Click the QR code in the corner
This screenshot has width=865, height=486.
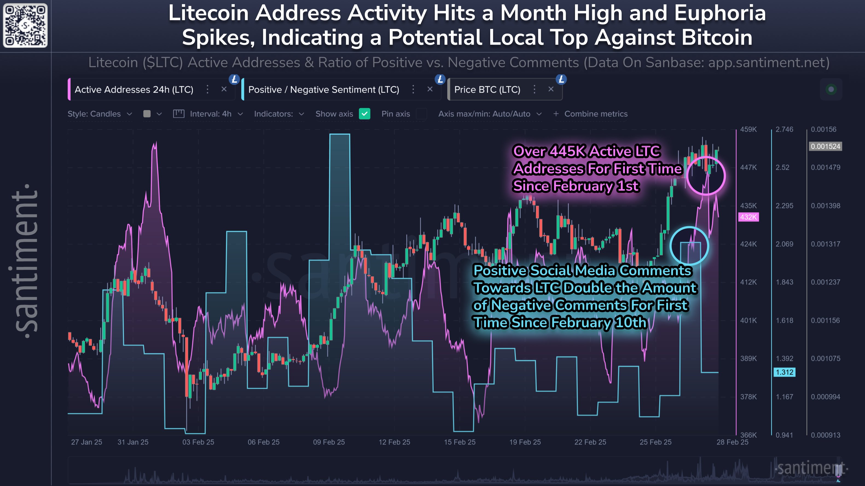pyautogui.click(x=25, y=25)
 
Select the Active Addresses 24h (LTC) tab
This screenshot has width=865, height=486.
pyautogui.click(x=134, y=90)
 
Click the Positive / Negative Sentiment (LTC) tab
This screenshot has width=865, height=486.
pyautogui.click(x=323, y=90)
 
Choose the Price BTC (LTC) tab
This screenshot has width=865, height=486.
pyautogui.click(x=487, y=90)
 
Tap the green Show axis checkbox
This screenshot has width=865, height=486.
pyautogui.click(x=364, y=114)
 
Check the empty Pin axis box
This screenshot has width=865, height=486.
pyautogui.click(x=421, y=114)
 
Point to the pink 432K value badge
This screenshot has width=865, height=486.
pyautogui.click(x=748, y=217)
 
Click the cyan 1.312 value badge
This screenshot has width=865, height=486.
pyautogui.click(x=784, y=372)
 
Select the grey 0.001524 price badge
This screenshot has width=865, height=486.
pyautogui.click(x=825, y=146)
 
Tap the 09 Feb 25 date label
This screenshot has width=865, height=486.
pyautogui.click(x=329, y=442)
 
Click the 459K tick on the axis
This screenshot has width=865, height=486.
pyautogui.click(x=748, y=129)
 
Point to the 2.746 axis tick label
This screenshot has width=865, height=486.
pyautogui.click(x=784, y=129)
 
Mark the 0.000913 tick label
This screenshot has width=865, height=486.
pyautogui.click(x=825, y=435)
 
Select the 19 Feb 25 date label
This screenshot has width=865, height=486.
pyautogui.click(x=525, y=442)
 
